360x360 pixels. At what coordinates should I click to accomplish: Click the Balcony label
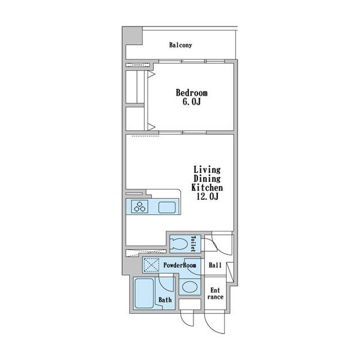tap(181, 45)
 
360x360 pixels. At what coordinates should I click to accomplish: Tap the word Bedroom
tap(192, 93)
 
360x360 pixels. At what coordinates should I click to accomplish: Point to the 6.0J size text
tap(192, 102)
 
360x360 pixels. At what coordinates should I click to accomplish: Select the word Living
tap(207, 170)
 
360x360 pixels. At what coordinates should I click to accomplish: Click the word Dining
tap(207, 179)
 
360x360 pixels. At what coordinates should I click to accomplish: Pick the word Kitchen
tap(207, 187)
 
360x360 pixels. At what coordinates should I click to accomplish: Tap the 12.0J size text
tap(208, 196)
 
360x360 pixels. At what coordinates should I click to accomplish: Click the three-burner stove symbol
tap(140, 206)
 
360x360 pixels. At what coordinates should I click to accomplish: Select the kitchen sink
tap(167, 208)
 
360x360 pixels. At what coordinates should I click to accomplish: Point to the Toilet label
tap(193, 244)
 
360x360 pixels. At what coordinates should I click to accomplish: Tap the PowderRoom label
tap(180, 265)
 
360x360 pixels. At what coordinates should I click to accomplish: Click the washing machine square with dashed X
tap(151, 265)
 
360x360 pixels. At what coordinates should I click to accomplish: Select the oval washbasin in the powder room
tap(190, 287)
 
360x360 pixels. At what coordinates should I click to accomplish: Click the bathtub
tap(144, 293)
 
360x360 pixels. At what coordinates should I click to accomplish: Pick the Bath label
tap(165, 300)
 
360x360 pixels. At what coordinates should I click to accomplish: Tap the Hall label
tap(215, 265)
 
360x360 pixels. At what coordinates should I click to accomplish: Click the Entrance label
tap(215, 293)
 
